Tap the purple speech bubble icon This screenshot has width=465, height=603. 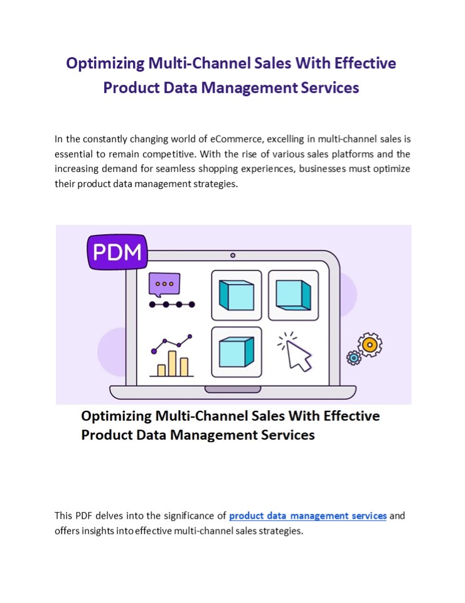164,285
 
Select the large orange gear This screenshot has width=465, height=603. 370,344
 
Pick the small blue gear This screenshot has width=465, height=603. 354,358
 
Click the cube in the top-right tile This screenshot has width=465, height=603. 293,295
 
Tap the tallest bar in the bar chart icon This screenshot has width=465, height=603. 172,363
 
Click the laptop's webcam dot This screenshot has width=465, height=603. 233,255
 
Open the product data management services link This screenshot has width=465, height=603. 307,516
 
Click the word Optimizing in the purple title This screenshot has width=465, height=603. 105,63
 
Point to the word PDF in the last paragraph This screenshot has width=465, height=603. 85,516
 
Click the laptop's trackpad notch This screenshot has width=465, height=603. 233,389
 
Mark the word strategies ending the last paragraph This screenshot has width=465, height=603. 280,531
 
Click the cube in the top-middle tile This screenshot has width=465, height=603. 236,295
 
